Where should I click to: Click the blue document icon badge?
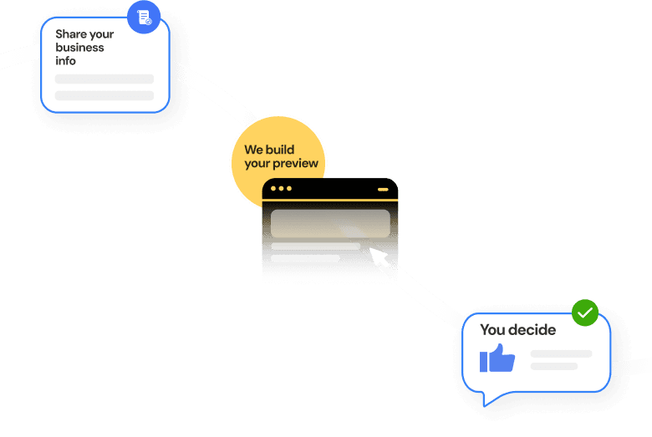click(x=144, y=18)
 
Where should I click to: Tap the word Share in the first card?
click(x=72, y=34)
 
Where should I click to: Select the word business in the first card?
click(x=80, y=48)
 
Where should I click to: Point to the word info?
click(x=66, y=61)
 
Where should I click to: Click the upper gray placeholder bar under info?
click(x=104, y=79)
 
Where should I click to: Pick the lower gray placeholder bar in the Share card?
click(x=104, y=95)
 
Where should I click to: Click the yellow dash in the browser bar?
click(x=383, y=190)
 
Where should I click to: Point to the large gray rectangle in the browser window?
click(x=330, y=223)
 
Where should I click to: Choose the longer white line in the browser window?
click(x=316, y=246)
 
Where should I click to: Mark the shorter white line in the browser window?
click(x=305, y=259)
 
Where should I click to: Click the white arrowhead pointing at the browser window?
click(x=377, y=254)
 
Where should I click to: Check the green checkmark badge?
click(x=585, y=313)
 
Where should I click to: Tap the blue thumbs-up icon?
click(x=497, y=358)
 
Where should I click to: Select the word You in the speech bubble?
click(x=493, y=330)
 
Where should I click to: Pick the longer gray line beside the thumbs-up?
click(x=561, y=354)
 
